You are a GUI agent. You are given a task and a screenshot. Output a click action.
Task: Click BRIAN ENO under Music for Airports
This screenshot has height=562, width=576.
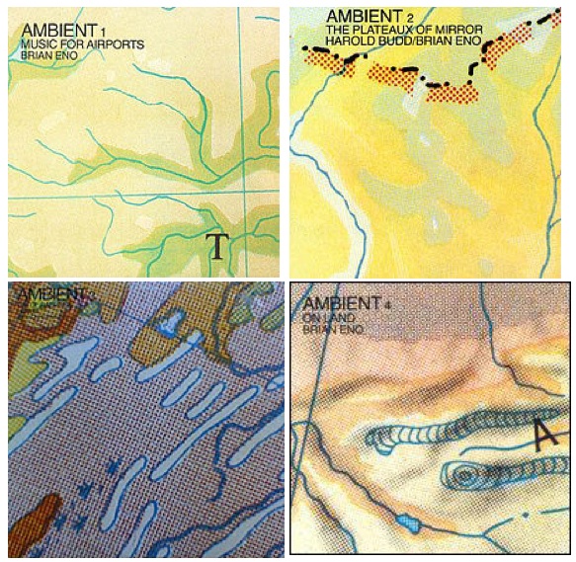coord(47,56)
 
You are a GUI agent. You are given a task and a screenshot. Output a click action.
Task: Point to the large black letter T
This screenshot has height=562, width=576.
coord(218,245)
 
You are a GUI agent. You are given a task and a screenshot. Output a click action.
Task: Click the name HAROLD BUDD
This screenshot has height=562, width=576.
coord(353,42)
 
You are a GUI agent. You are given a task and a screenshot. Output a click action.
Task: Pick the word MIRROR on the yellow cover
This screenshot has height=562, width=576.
coord(459,30)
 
